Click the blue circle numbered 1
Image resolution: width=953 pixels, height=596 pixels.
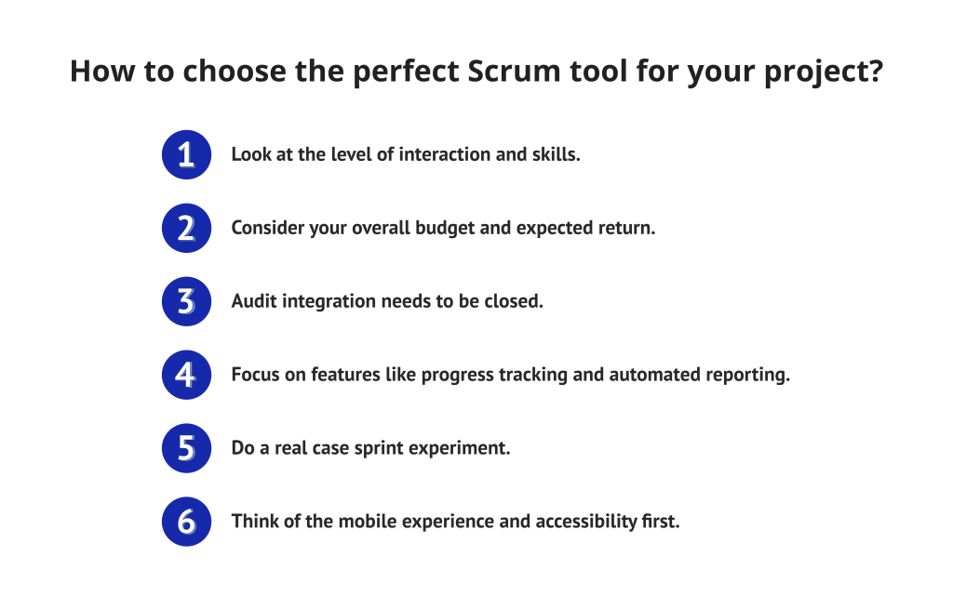point(186,154)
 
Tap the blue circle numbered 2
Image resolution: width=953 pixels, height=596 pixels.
point(186,228)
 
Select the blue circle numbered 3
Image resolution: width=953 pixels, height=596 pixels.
point(186,301)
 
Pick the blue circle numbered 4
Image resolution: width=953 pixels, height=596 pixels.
point(186,375)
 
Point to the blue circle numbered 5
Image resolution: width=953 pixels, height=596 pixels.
point(186,448)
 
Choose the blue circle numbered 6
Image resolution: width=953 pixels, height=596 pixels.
point(186,522)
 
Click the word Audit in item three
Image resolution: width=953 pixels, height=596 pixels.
point(252,301)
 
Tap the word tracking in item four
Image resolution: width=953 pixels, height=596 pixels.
point(540,375)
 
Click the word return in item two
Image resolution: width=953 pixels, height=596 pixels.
point(628,228)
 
